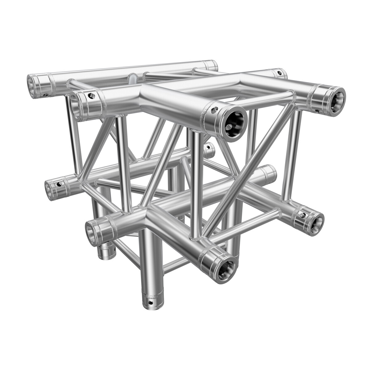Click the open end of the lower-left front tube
point(92,230)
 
